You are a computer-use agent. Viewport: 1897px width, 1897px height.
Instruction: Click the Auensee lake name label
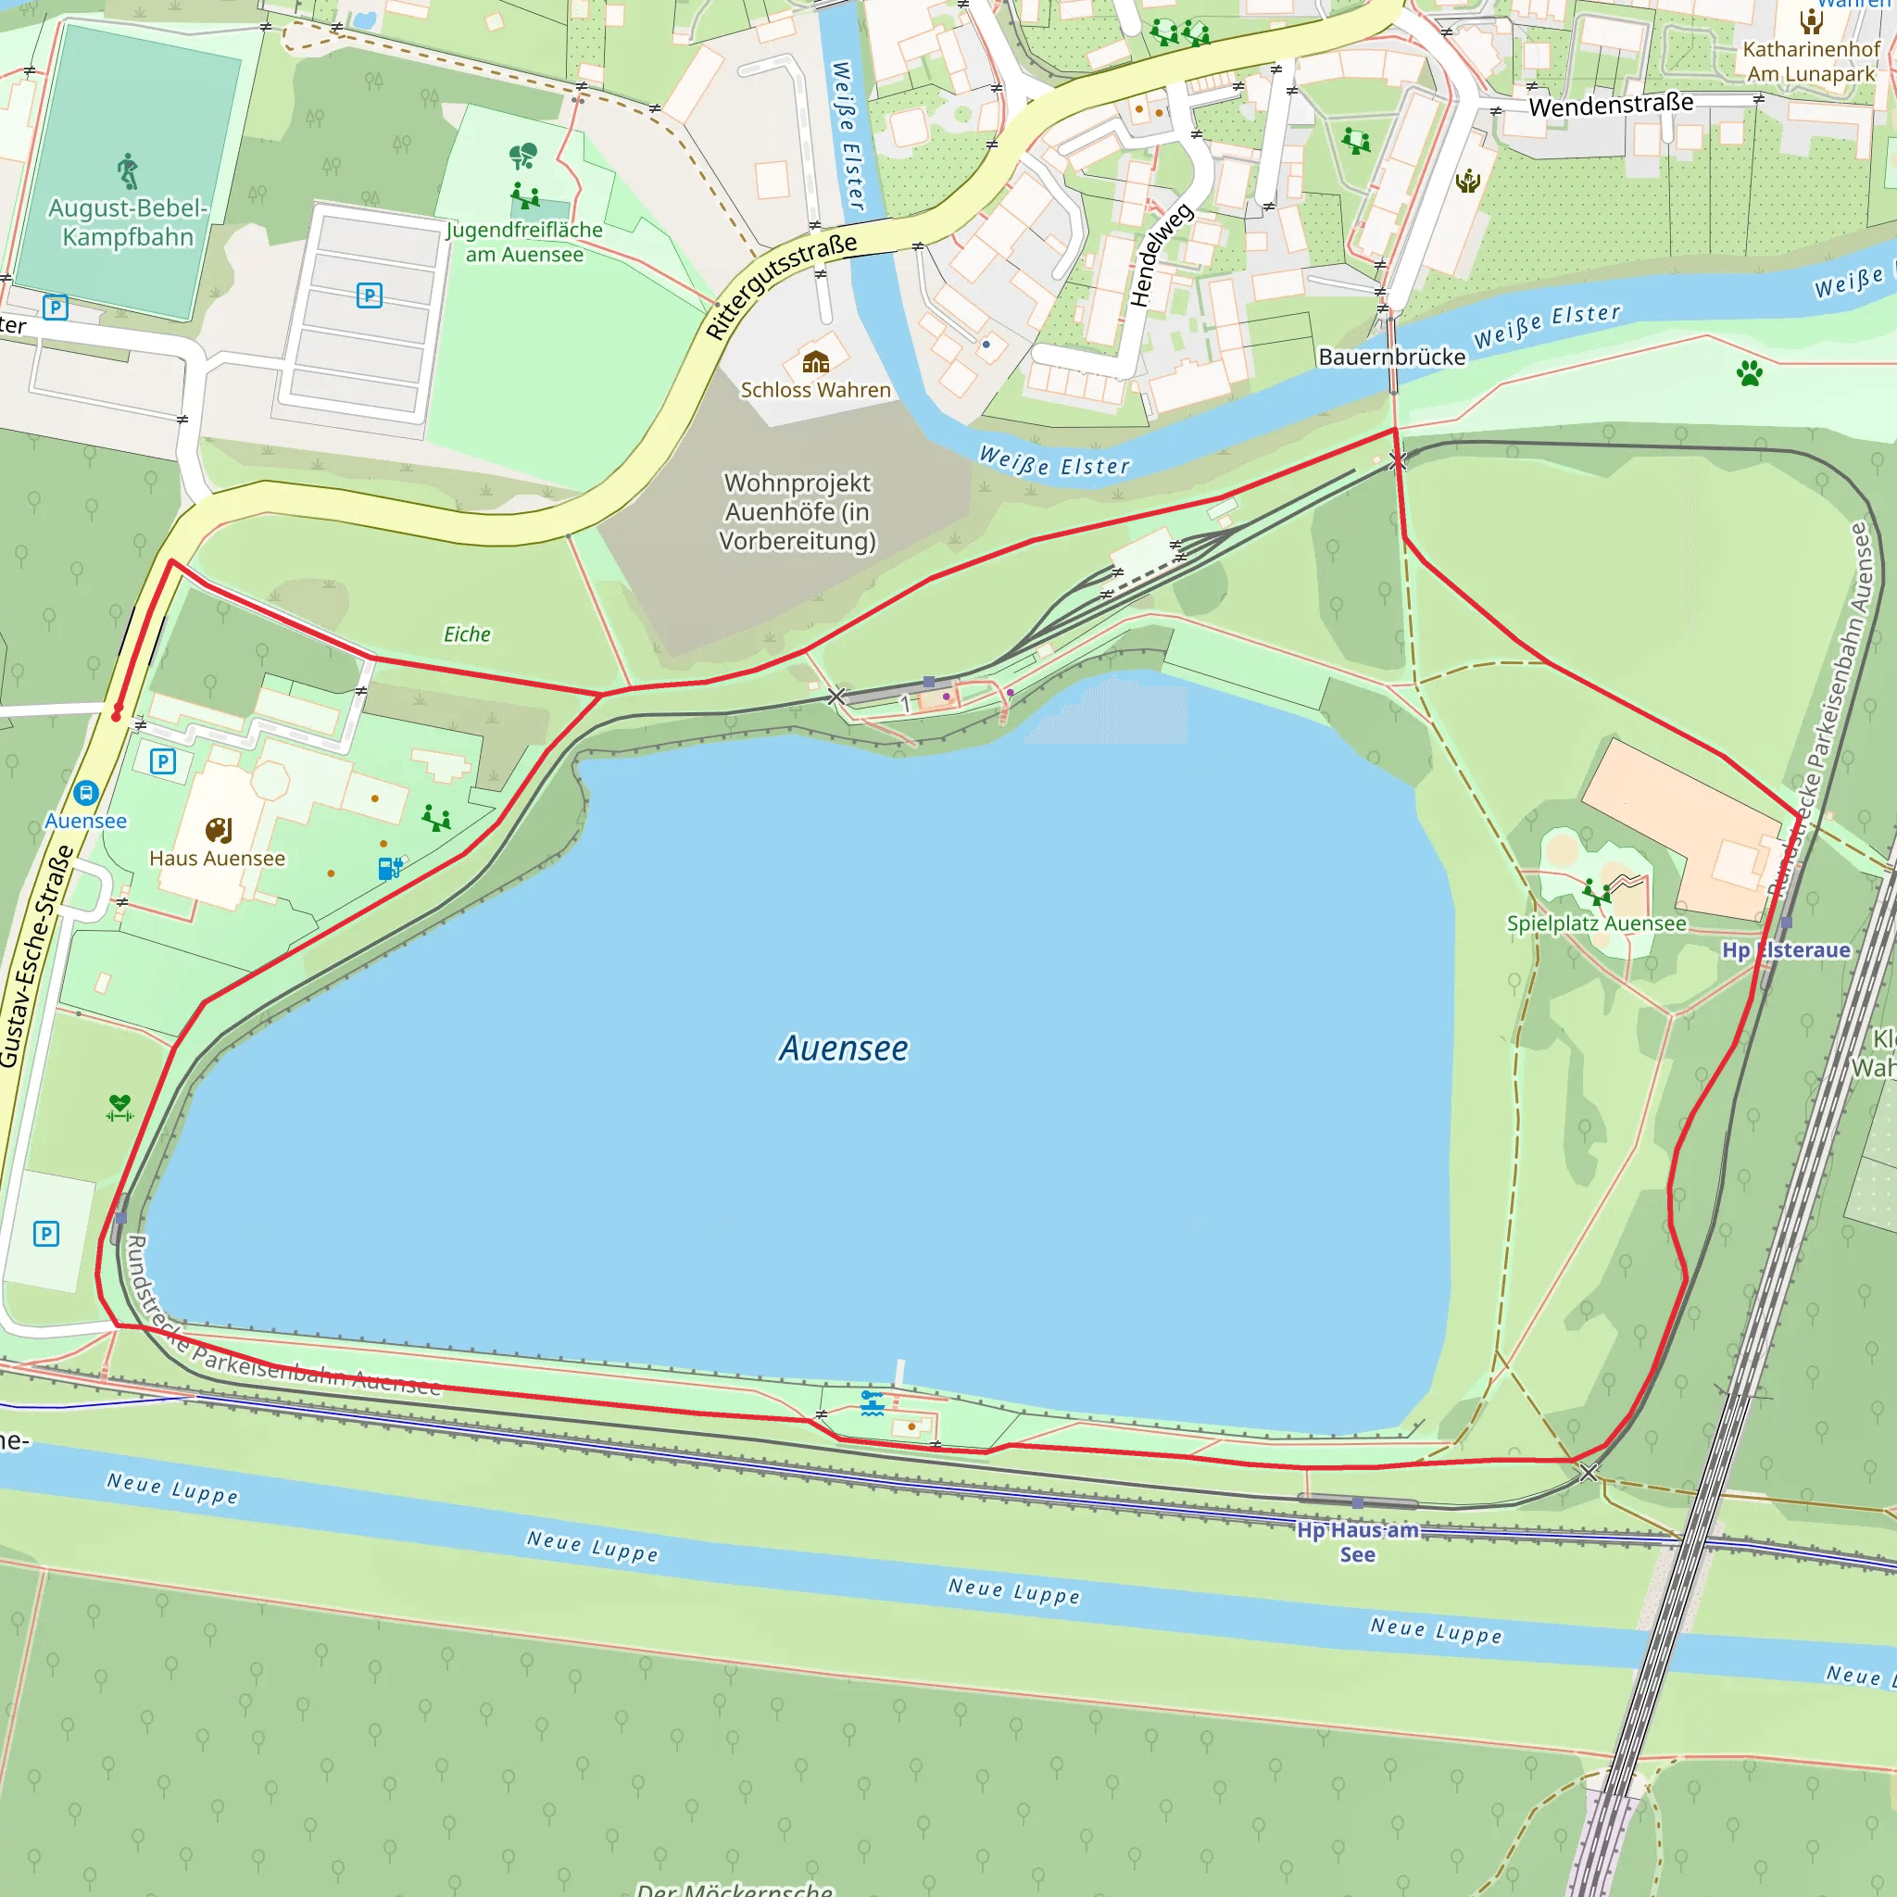click(843, 1049)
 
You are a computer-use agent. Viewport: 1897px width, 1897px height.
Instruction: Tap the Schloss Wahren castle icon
click(815, 362)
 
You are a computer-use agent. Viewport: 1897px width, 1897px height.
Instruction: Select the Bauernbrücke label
click(1391, 358)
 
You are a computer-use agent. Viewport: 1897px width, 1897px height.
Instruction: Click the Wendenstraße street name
click(1610, 104)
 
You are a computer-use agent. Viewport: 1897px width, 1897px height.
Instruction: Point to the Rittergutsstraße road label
click(781, 285)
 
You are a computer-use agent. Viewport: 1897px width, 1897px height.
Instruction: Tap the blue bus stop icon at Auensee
click(85, 792)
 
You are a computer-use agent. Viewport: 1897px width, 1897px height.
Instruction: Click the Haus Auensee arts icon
click(218, 831)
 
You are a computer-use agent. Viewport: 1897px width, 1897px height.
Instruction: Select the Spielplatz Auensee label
click(1597, 923)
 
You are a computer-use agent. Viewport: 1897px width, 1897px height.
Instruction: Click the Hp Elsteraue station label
click(1785, 950)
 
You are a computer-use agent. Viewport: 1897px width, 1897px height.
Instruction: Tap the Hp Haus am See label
click(1357, 1541)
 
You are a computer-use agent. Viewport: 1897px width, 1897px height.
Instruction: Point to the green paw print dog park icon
click(1749, 372)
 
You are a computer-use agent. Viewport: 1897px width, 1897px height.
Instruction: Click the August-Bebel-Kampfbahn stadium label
click(128, 223)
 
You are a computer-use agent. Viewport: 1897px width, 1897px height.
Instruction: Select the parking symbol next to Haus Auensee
click(163, 761)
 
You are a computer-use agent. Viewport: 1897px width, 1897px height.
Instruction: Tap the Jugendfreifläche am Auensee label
click(524, 243)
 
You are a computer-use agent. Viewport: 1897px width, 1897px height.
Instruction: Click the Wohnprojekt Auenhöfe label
click(798, 511)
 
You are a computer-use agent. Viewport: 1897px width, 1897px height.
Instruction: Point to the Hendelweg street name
click(1161, 256)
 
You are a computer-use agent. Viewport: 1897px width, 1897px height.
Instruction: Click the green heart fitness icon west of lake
click(119, 1108)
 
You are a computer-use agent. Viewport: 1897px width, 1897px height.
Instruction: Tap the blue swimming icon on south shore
click(872, 1403)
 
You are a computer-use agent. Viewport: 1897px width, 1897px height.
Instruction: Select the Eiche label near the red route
click(467, 634)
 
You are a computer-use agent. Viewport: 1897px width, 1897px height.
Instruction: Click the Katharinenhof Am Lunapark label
click(1811, 61)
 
